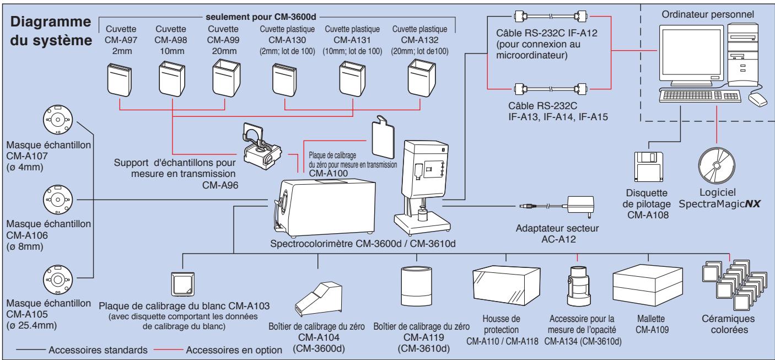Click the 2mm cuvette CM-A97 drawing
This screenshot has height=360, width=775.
(x=120, y=79)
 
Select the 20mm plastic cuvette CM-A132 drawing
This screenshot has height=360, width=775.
(x=422, y=78)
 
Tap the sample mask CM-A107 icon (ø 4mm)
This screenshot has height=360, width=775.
(x=58, y=120)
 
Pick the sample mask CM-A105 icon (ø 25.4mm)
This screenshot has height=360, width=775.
(x=58, y=280)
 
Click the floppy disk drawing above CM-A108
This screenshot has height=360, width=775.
(x=649, y=166)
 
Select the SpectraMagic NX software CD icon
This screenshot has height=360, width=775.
(x=716, y=165)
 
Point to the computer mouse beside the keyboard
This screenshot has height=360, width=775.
(x=758, y=100)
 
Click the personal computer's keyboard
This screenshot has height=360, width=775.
(x=699, y=96)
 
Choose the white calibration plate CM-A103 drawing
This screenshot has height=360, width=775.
(x=182, y=284)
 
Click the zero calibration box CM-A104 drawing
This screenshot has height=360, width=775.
(x=318, y=299)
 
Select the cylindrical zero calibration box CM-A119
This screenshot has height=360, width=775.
(x=416, y=286)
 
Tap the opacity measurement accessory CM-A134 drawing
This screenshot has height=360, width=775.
(x=578, y=286)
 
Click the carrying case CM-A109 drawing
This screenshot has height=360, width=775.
(x=648, y=286)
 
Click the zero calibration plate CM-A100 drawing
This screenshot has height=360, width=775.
(x=383, y=137)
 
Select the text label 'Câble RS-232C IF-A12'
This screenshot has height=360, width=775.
(x=547, y=33)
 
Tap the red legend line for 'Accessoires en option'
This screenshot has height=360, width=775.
(x=168, y=350)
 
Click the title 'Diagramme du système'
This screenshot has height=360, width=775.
(x=51, y=31)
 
